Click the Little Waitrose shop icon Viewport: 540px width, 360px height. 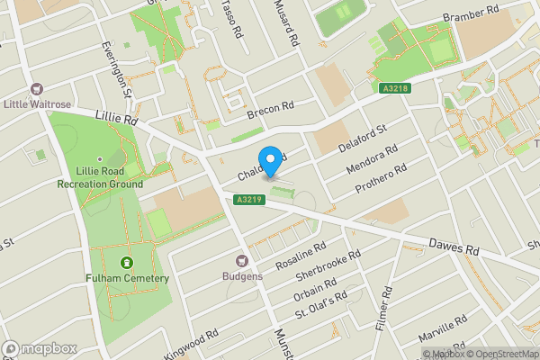[x=37, y=89]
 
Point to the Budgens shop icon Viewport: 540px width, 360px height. [x=242, y=260]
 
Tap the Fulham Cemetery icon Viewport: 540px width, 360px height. [x=125, y=263]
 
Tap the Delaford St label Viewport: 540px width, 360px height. [x=362, y=139]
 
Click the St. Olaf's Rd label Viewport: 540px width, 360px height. [x=321, y=305]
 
